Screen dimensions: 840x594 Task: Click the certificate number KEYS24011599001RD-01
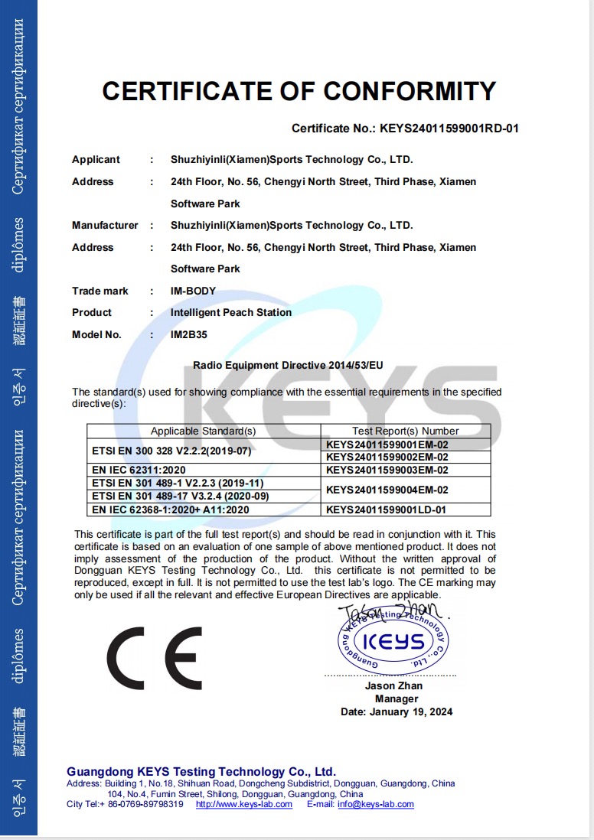[449, 129]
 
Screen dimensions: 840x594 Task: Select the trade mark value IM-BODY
[194, 291]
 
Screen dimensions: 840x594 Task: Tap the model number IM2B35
[189, 334]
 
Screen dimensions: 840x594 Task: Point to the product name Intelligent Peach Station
[231, 312]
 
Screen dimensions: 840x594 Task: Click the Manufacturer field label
[105, 225]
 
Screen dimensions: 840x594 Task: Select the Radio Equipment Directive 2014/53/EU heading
[288, 366]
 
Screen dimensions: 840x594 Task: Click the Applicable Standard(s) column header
[203, 431]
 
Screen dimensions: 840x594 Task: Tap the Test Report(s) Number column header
[406, 431]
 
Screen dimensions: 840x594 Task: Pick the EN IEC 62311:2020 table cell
[139, 470]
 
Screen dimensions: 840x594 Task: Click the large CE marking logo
[154, 658]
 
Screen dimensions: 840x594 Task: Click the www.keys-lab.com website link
[244, 804]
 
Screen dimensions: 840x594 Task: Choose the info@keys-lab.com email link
[376, 804]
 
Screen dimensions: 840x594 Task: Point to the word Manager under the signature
[397, 698]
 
